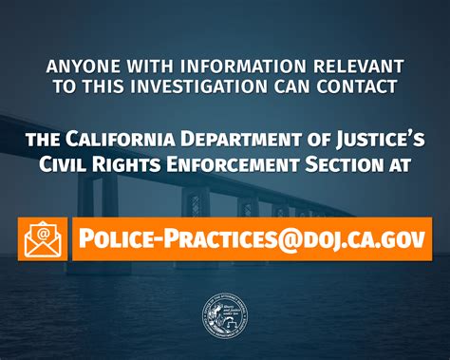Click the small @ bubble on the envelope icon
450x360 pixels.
(43, 230)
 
